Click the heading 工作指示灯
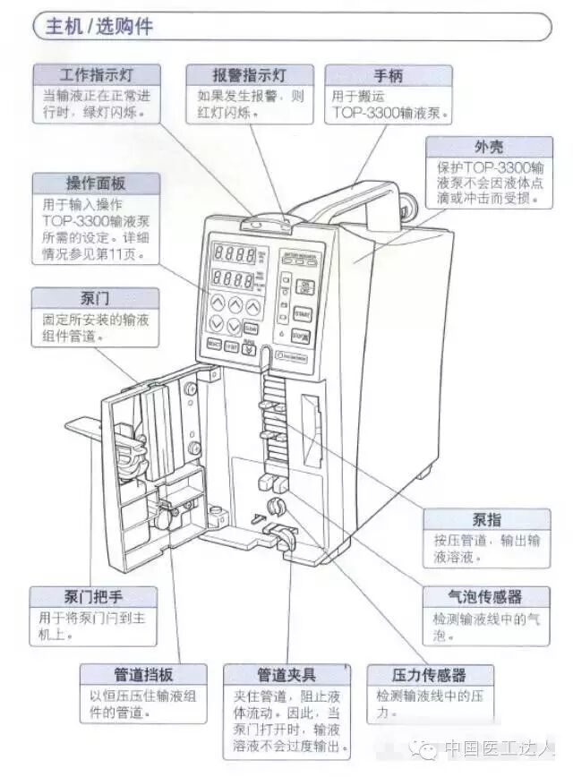pos(96,74)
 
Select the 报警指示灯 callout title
pos(250,74)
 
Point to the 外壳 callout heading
pos(488,146)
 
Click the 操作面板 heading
pos(96,183)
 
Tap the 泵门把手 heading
pos(92,597)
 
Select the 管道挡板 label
pos(143,674)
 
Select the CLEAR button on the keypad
pos(251,328)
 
